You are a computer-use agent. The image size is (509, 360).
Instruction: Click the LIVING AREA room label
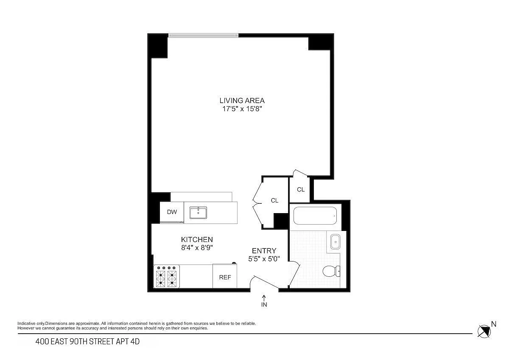point(242,101)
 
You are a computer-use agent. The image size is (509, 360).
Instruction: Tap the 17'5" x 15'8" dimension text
point(242,109)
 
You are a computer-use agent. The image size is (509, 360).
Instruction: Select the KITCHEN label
point(197,239)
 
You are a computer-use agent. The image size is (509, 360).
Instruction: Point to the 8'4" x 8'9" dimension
point(197,247)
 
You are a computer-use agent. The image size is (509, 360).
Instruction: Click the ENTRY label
point(264,250)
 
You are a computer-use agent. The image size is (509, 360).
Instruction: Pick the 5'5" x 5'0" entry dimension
point(264,259)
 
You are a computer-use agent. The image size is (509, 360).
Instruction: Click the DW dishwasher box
point(172,212)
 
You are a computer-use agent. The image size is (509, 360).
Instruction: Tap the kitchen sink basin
point(198,213)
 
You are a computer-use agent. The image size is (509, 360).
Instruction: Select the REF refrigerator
point(225,276)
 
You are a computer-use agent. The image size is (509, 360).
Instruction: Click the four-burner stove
point(167,276)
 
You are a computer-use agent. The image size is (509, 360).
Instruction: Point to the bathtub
point(315,216)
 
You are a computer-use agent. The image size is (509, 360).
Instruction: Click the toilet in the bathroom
point(331,271)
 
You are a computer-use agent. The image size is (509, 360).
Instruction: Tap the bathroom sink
point(335,242)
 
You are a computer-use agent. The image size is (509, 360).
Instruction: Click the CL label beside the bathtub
point(301,189)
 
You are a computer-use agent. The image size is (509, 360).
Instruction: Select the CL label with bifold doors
point(274,200)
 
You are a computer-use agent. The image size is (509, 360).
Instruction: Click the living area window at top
point(203,35)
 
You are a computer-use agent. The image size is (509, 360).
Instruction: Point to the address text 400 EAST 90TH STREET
point(75,342)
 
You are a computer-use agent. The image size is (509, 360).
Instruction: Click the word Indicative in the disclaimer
point(27,323)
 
